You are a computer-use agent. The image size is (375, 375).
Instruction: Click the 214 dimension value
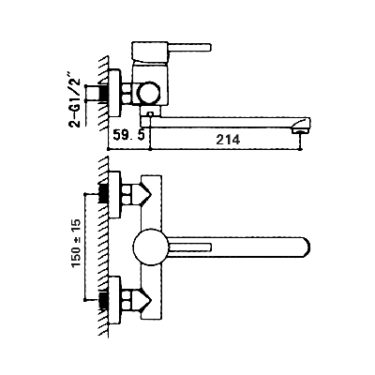228,139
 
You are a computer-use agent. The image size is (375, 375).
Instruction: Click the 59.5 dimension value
128,136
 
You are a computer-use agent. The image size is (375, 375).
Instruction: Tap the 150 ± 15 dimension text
76,243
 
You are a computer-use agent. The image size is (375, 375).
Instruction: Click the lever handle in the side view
190,48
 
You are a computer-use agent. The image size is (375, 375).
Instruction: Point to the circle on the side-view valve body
149,93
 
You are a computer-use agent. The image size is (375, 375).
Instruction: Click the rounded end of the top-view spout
305,247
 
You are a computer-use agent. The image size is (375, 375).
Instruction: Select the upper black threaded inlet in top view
103,193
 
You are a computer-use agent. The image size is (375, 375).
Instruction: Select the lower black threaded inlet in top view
103,299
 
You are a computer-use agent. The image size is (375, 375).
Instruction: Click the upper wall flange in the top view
114,194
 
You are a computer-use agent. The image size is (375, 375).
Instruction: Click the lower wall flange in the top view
114,300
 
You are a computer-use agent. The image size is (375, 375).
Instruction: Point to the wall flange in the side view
114,93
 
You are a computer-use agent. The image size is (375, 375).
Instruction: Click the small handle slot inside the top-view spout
190,247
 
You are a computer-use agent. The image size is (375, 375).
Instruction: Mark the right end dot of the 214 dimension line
301,150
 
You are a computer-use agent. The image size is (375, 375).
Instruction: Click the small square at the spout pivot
150,114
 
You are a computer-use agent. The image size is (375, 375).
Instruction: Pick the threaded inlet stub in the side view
93,93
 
